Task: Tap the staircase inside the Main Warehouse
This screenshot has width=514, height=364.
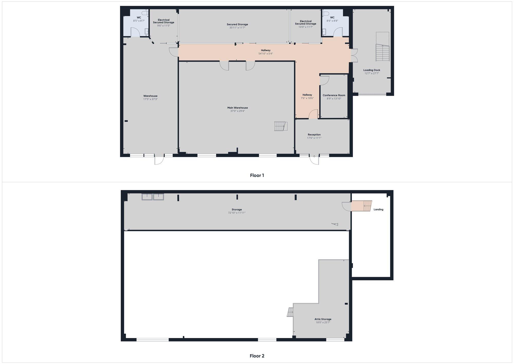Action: [281, 126]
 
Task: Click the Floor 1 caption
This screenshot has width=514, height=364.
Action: [257, 175]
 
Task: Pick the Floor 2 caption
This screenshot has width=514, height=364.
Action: [257, 356]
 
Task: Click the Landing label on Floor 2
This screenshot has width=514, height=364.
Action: [378, 210]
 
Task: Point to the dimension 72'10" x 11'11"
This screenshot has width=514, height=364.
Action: [237, 213]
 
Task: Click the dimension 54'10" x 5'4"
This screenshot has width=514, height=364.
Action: [265, 54]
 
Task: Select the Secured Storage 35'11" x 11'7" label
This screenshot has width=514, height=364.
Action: [237, 26]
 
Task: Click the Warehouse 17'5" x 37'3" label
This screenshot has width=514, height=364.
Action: [150, 98]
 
